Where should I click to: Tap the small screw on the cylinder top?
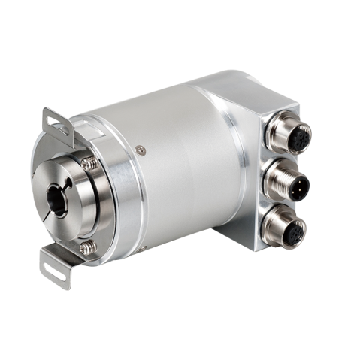click(138, 150)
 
